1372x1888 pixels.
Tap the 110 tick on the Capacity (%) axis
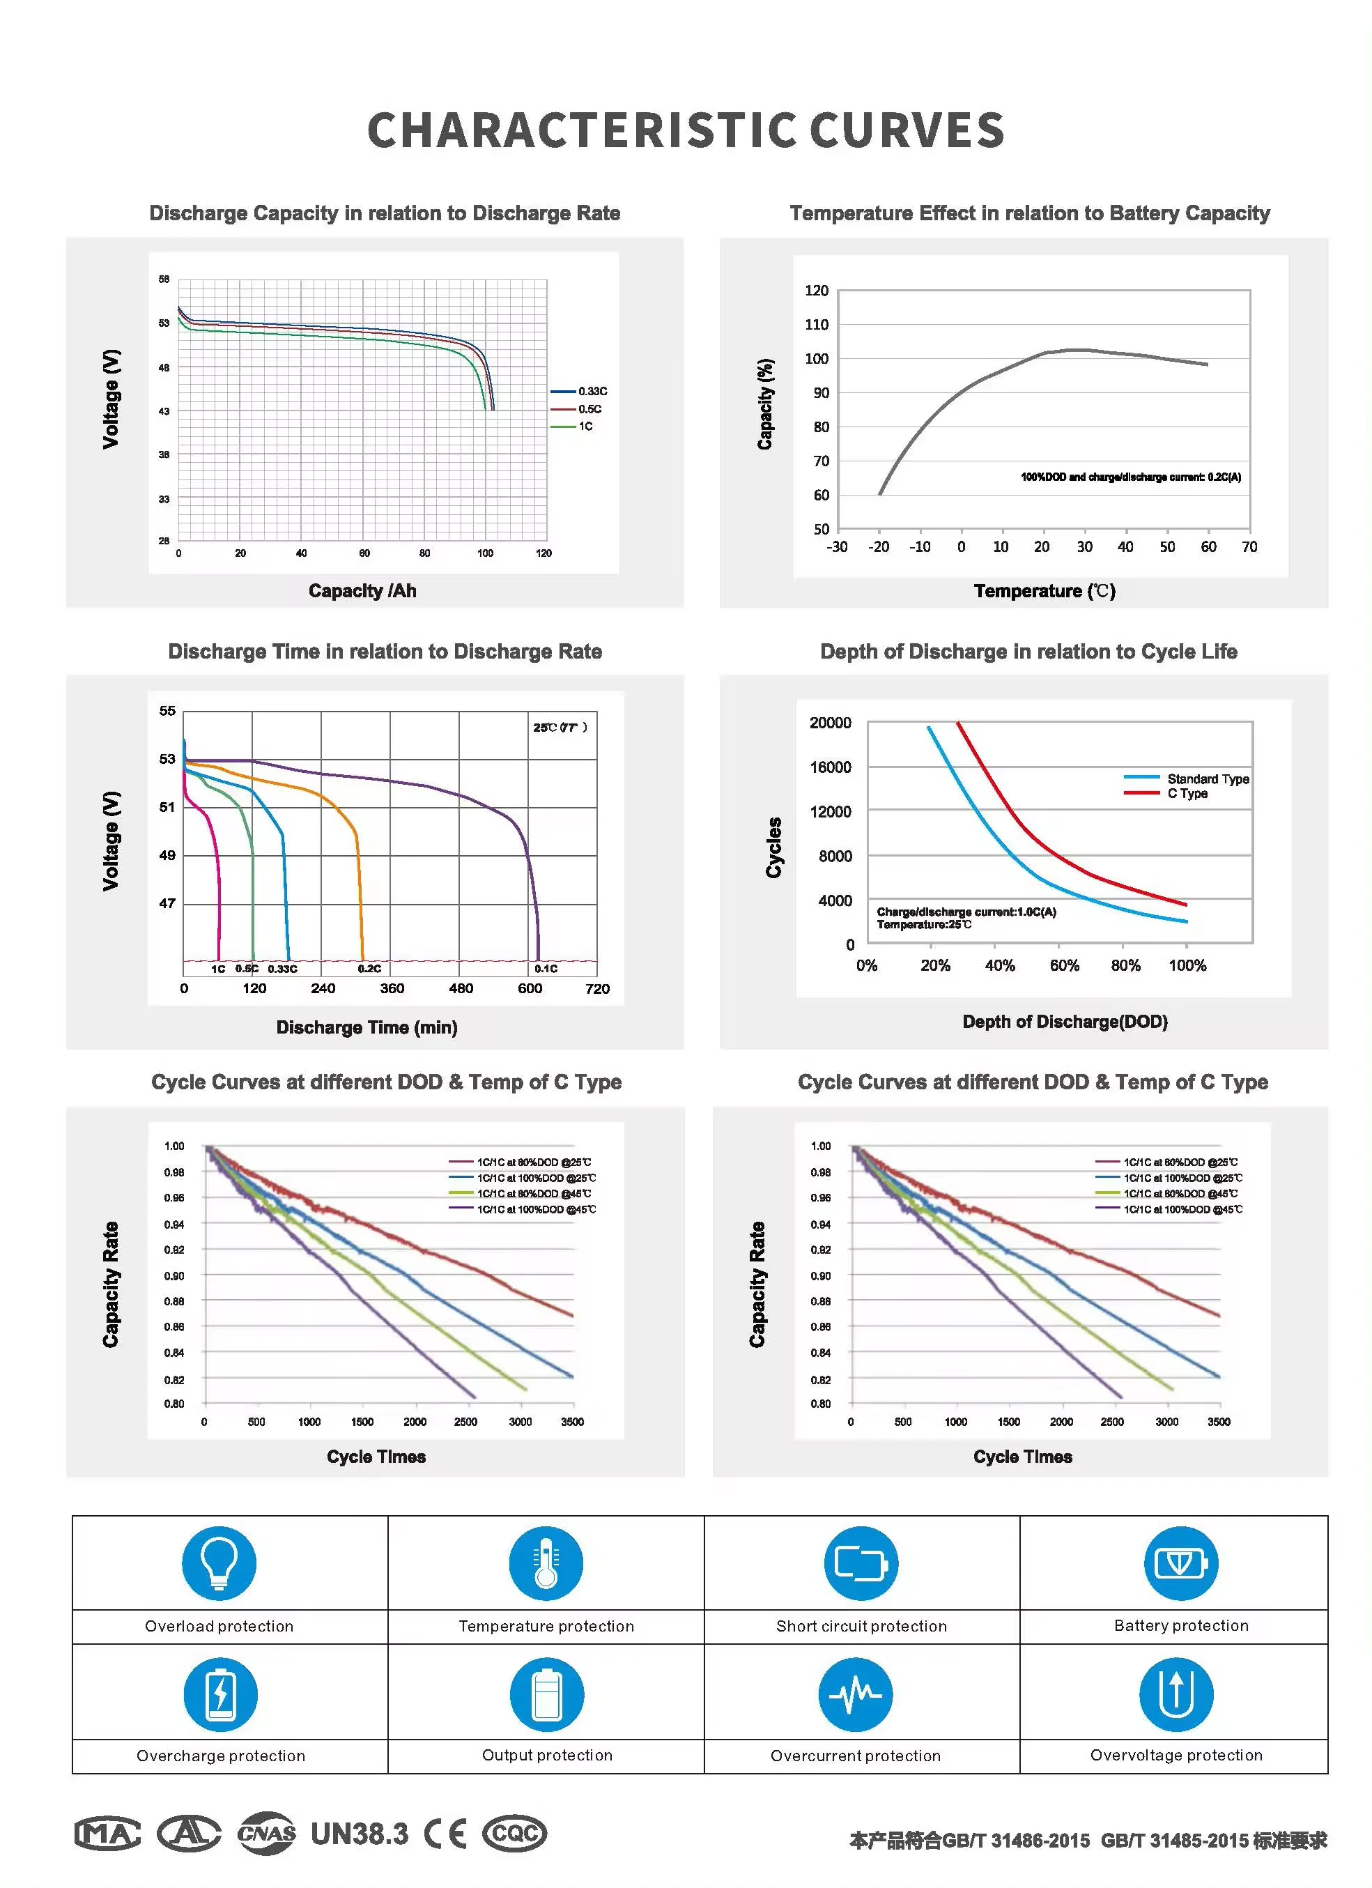point(816,325)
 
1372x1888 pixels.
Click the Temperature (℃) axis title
point(1044,591)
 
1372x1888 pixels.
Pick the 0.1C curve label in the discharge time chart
point(546,968)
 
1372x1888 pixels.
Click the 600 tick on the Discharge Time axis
point(530,989)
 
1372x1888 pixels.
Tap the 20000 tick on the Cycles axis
point(830,723)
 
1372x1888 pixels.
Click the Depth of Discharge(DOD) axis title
point(1065,1022)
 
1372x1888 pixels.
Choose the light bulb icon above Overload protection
point(219,1563)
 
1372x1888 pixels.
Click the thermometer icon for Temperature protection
point(546,1563)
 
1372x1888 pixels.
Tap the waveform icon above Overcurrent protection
point(855,1694)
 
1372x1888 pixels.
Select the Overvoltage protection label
point(1176,1755)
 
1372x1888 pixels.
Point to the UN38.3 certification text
point(360,1834)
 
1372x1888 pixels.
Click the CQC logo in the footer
point(514,1834)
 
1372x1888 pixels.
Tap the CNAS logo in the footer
point(266,1834)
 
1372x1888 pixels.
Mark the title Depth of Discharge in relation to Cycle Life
point(1028,652)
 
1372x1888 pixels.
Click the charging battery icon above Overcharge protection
point(221,1694)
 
